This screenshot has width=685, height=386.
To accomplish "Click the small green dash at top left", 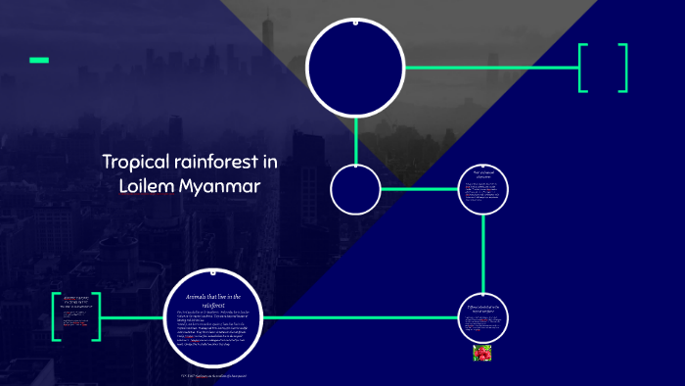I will click(x=39, y=61).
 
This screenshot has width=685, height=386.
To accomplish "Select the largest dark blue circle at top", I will click(x=355, y=67).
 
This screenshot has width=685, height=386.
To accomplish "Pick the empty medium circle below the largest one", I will click(x=355, y=189).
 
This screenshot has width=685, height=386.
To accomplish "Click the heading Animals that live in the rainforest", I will click(x=213, y=300).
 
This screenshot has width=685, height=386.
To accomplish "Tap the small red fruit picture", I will click(x=482, y=353).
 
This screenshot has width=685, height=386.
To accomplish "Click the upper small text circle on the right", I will click(x=485, y=189).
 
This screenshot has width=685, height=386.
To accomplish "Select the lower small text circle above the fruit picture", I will click(x=485, y=316).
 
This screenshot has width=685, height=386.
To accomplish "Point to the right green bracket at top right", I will click(x=623, y=68).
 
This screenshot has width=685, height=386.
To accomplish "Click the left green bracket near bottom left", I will click(x=55, y=316).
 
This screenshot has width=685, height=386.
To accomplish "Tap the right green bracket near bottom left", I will click(x=97, y=316).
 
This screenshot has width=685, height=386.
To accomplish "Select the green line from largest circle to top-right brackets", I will click(x=489, y=68).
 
